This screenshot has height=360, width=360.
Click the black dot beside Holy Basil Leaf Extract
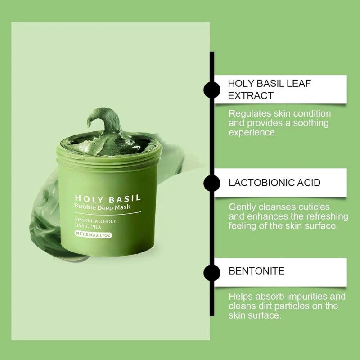pos(212,90)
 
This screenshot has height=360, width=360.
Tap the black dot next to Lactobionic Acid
pos(212,183)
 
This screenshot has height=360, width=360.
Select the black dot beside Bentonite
pos(212,271)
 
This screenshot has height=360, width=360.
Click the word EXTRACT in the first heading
pos(251,95)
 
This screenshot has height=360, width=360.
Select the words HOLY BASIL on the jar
pos(108,198)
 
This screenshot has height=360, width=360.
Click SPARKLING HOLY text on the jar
pos(95,221)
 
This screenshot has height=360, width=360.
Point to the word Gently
pos(242,207)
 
